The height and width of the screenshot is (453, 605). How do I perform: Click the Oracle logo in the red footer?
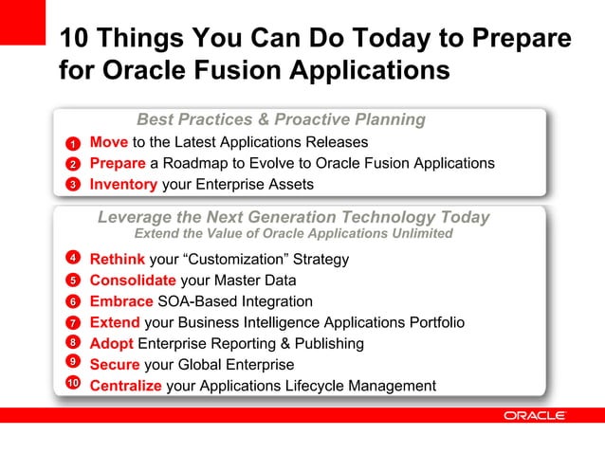tap(535, 415)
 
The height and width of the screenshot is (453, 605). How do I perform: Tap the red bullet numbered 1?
tap(72, 145)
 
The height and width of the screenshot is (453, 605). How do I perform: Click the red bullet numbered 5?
tap(72, 281)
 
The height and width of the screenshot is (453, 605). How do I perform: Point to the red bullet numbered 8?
tap(72, 342)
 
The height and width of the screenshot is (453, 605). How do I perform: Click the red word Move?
tap(109, 142)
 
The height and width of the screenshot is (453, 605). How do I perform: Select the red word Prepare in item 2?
tap(118, 163)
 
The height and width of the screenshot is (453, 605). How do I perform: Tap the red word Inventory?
tap(123, 184)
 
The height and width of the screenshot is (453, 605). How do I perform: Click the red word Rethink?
tap(118, 259)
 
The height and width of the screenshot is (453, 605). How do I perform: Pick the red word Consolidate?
tap(133, 281)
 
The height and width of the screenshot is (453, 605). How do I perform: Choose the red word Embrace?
tap(121, 301)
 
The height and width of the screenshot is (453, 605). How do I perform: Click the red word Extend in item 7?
tap(115, 323)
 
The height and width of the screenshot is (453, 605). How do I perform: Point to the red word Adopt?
tap(112, 344)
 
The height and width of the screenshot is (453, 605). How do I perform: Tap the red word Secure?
tap(115, 365)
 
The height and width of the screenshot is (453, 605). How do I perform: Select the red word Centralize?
tap(126, 386)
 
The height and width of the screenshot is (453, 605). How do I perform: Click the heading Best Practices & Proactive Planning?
tap(281, 120)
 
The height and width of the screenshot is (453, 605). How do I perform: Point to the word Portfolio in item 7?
tap(433, 323)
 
